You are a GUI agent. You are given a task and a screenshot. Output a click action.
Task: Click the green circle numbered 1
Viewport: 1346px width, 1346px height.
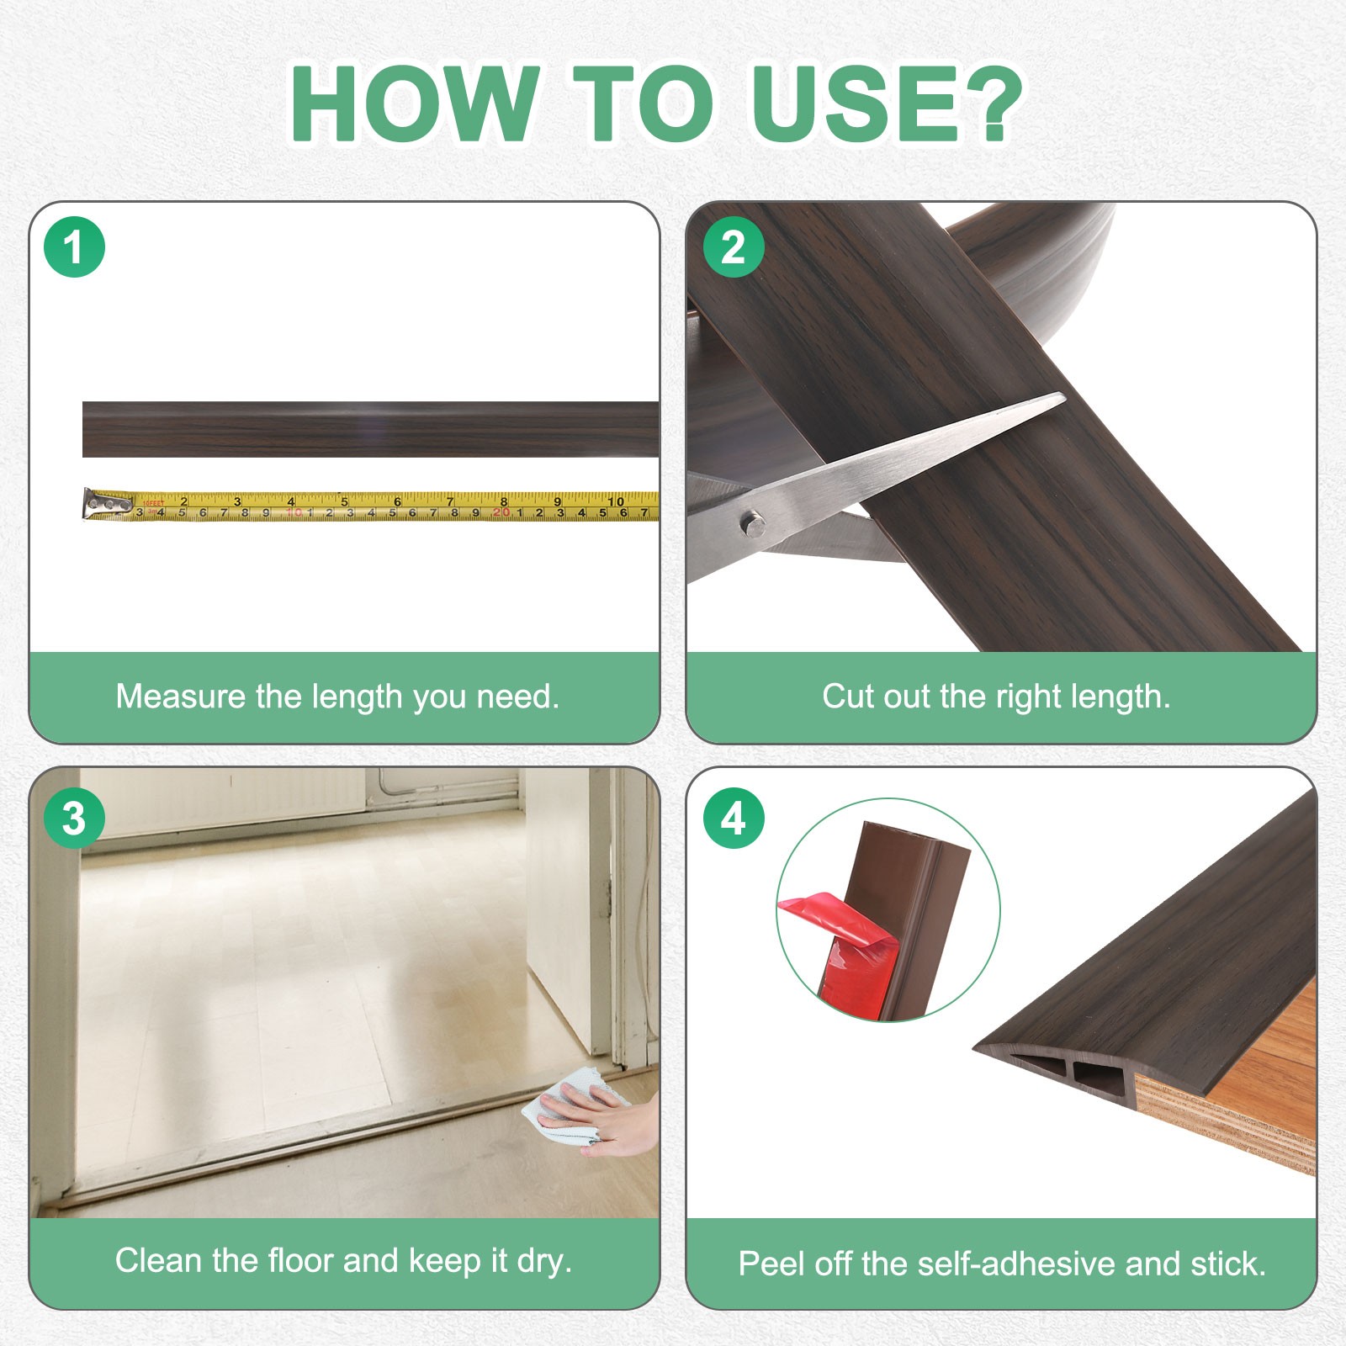[74, 248]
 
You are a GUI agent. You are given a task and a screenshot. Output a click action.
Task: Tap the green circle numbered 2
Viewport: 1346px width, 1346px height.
[734, 248]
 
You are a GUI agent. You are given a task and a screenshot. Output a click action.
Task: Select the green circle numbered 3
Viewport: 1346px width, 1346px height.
[74, 819]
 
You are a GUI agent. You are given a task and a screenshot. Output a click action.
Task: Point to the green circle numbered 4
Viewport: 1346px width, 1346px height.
[734, 819]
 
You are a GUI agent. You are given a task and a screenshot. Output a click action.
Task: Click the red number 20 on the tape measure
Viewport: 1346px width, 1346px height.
[501, 511]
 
